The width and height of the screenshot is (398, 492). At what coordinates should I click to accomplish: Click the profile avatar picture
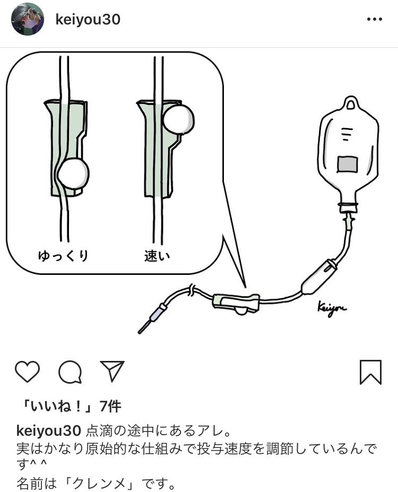pos(28,19)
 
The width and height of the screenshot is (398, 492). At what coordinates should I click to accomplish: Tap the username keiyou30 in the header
pos(88,20)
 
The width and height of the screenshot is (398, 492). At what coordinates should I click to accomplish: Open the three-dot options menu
pos(375,20)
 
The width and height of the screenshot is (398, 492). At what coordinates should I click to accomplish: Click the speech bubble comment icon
pos(70,372)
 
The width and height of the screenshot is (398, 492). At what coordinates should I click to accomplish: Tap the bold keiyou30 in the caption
pos(49,429)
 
